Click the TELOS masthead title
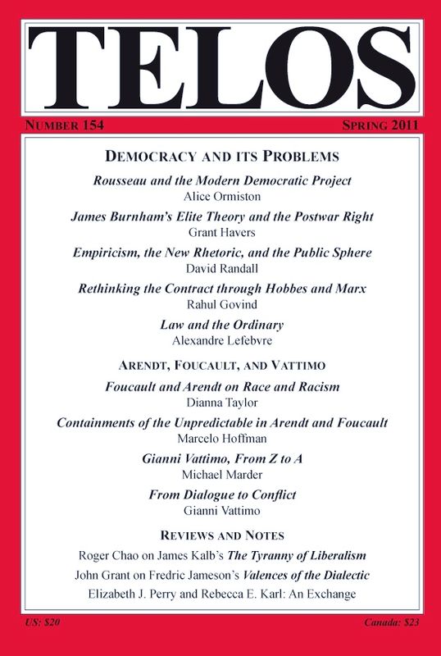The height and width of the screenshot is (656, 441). coord(220,66)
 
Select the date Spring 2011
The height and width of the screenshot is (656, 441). coord(379,126)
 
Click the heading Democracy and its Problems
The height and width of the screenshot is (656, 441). coord(221,155)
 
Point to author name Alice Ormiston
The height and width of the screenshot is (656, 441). coord(221,197)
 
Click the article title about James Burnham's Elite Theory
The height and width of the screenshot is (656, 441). coord(221,217)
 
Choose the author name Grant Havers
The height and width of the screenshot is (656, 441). coord(221,233)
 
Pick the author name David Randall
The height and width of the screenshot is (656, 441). coord(221,269)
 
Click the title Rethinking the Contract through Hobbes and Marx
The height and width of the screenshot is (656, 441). coord(221,289)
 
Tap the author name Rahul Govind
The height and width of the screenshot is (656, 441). coord(221,305)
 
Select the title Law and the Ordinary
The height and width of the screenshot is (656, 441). coord(221,326)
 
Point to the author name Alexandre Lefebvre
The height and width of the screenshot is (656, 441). coord(221,341)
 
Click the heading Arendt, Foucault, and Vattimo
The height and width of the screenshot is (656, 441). coord(221,365)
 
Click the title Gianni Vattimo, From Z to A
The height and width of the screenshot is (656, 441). coord(221,458)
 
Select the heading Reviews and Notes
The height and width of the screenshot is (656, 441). coord(221,535)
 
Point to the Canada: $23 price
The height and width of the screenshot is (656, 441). coord(392,624)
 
